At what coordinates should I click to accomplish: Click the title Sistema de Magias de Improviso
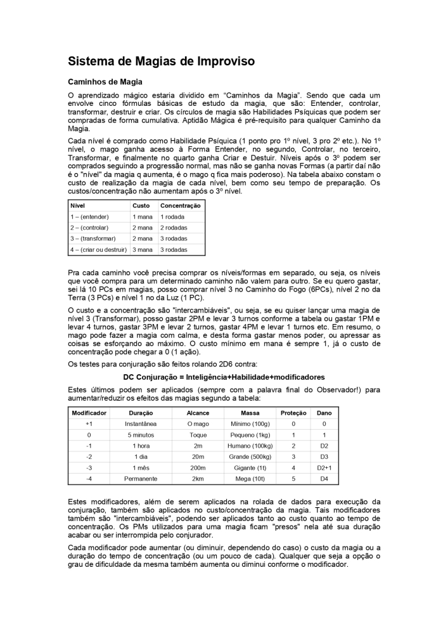[x=161, y=61]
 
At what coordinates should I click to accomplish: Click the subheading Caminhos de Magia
[x=105, y=82]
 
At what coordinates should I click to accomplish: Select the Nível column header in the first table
[x=78, y=206]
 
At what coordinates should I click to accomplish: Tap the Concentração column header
[x=180, y=206]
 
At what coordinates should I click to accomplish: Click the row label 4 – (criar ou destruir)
[x=98, y=250]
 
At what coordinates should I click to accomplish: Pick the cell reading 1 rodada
[x=172, y=217]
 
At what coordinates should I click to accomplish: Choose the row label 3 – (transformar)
[x=93, y=238]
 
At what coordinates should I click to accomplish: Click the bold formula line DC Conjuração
[x=224, y=377]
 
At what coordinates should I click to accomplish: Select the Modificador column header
[x=89, y=413]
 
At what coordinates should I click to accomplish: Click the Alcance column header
[x=198, y=413]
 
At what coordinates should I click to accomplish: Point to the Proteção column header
[x=293, y=413]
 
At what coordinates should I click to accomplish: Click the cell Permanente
[x=141, y=479]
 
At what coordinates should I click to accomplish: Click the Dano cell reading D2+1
[x=324, y=468]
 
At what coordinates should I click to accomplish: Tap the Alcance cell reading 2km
[x=198, y=479]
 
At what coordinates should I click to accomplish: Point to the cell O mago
[x=198, y=424]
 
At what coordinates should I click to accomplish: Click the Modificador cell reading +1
[x=89, y=424]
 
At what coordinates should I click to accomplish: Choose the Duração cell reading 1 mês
[x=141, y=468]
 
